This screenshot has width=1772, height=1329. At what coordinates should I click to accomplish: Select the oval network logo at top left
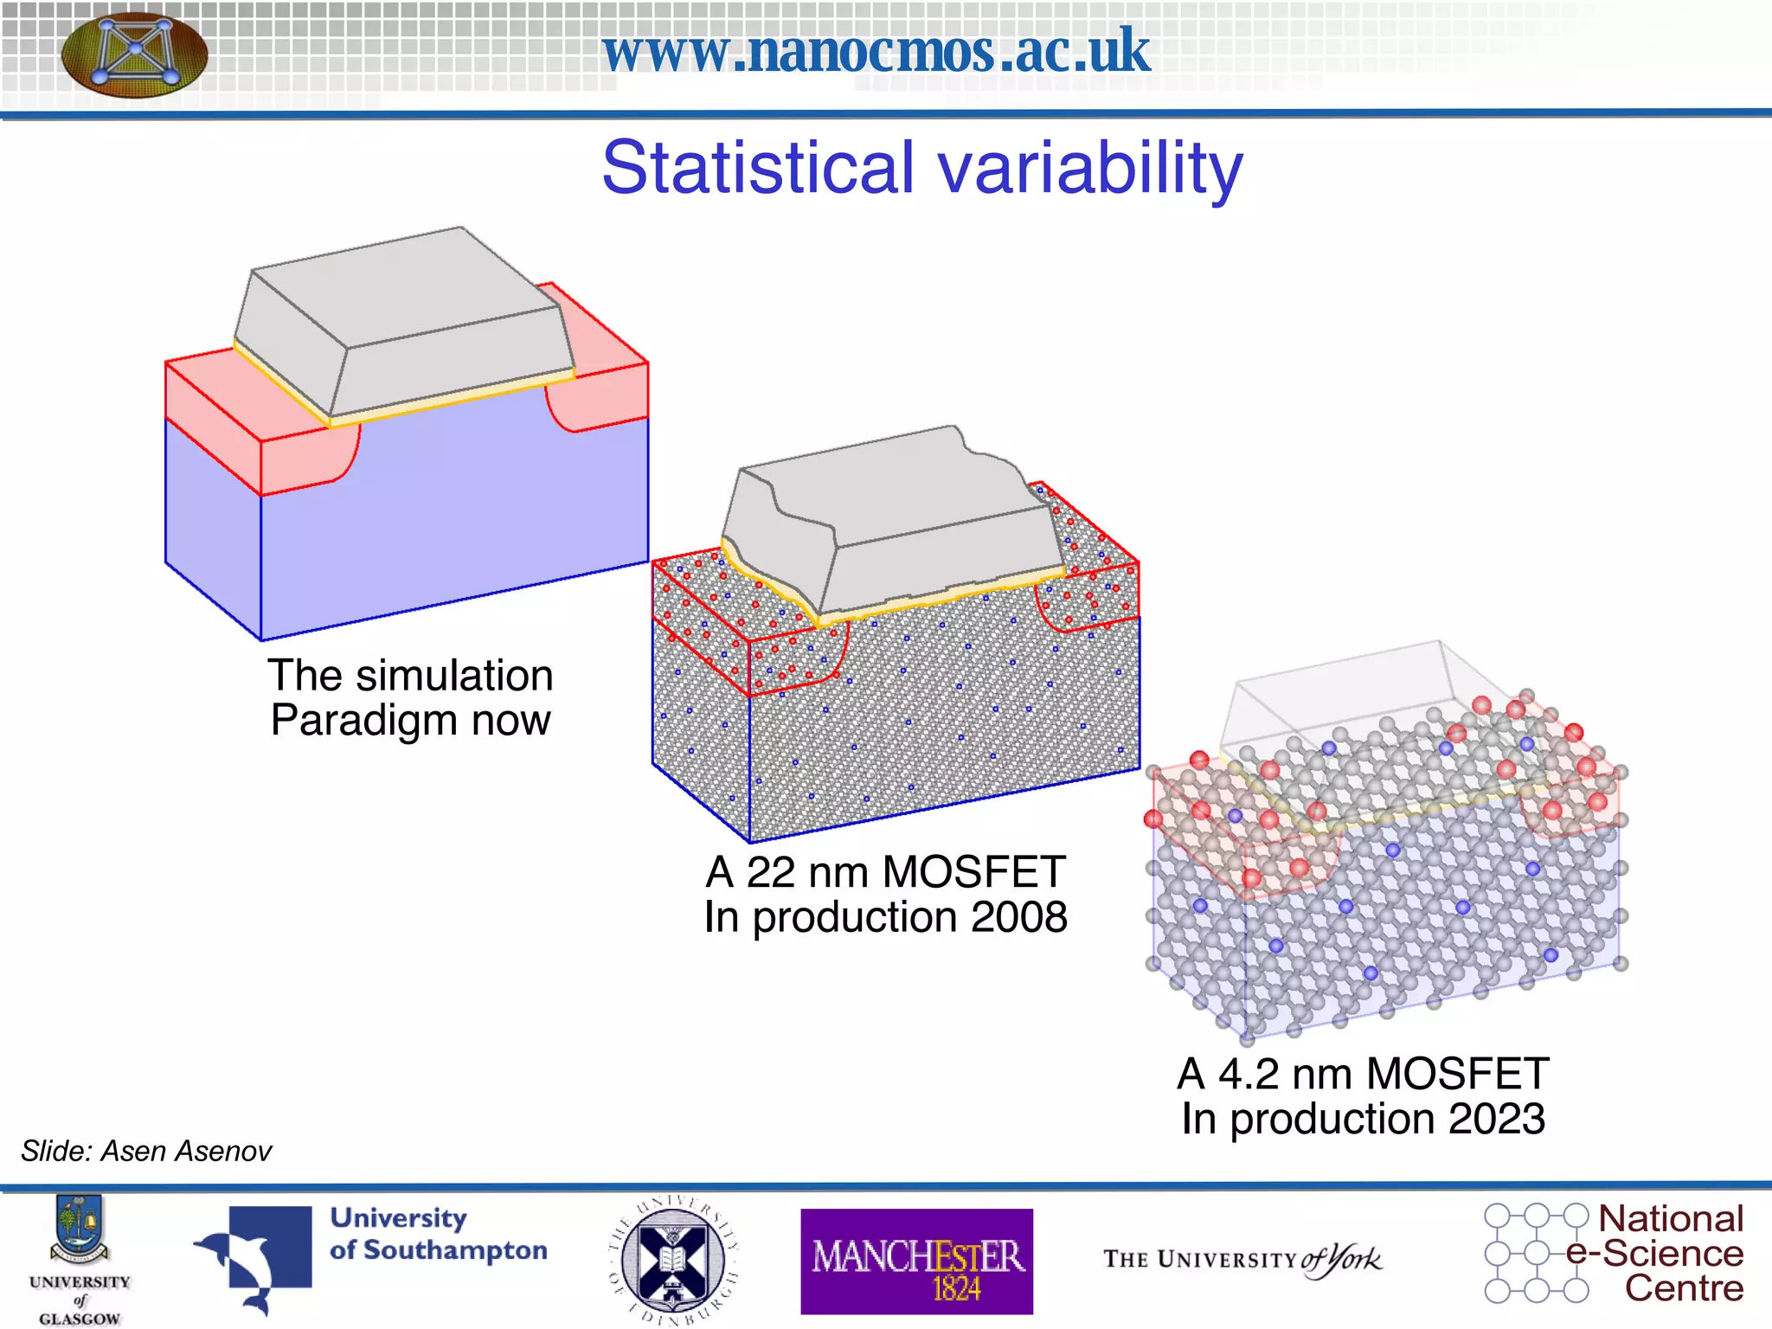tap(135, 54)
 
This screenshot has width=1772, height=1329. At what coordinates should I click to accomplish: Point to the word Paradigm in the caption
tap(363, 720)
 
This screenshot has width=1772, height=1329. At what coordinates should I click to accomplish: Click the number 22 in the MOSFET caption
tap(770, 872)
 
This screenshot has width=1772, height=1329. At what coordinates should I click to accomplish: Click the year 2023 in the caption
tap(1497, 1119)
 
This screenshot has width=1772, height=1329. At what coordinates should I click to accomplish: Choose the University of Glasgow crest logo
tap(80, 1229)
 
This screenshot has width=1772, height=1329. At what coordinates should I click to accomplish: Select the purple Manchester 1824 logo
tap(916, 1262)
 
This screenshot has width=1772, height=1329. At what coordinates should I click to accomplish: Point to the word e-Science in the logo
tap(1654, 1254)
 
